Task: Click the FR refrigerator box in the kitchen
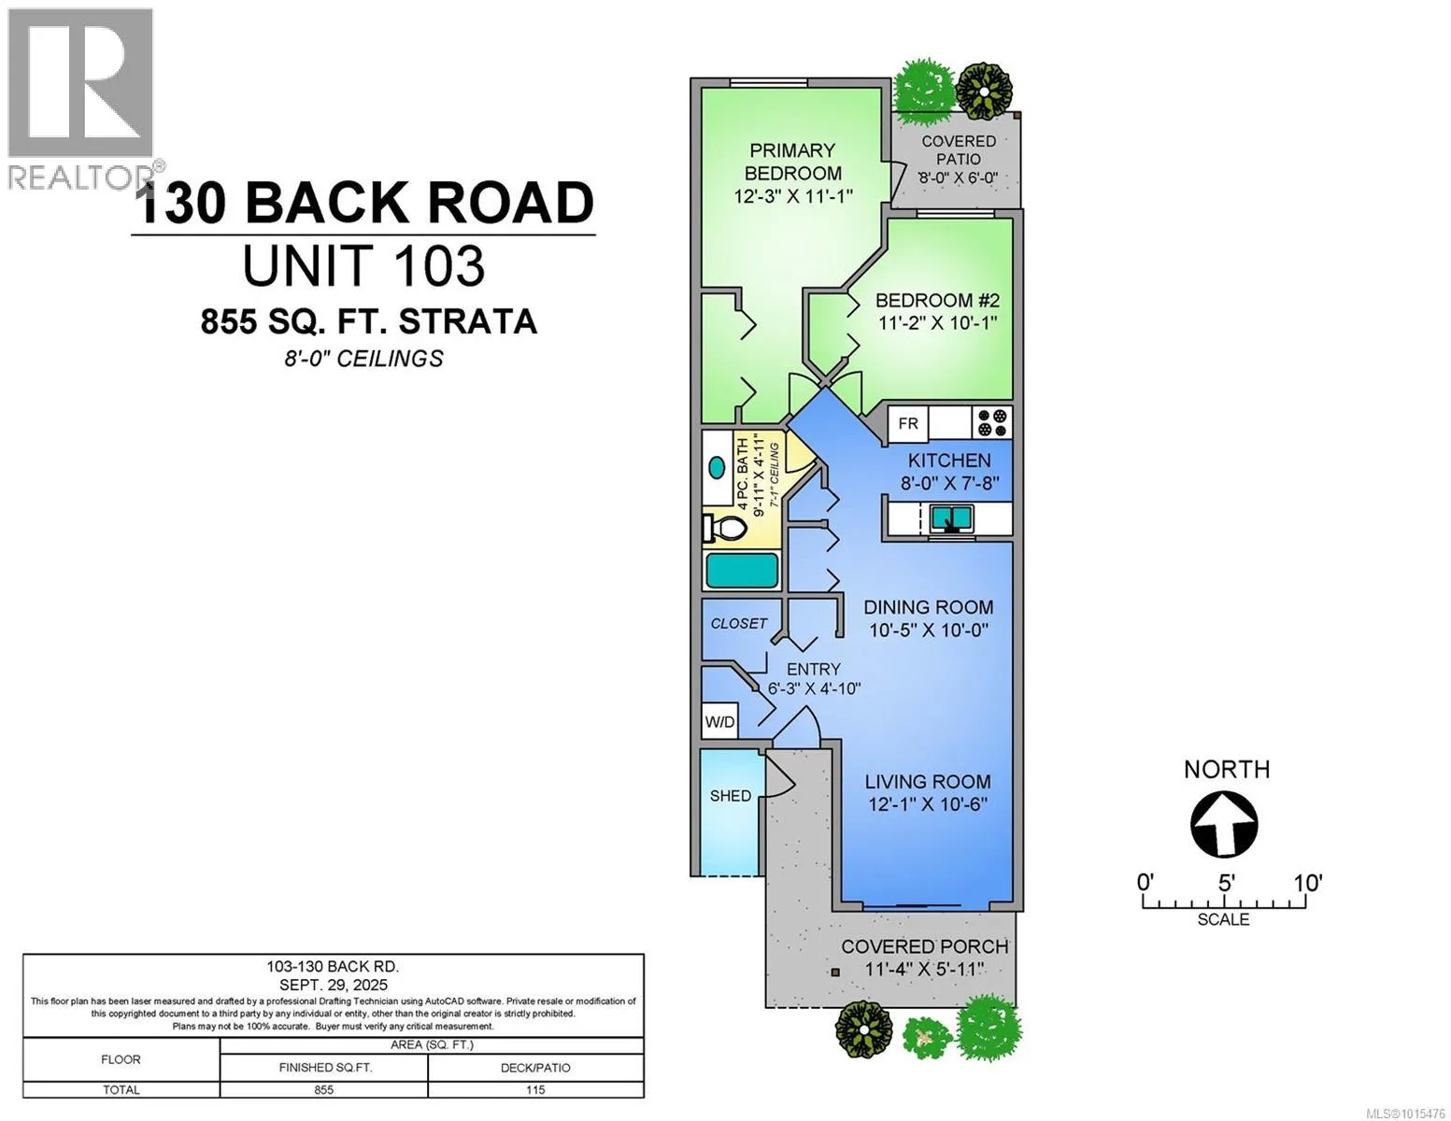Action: pyautogui.click(x=907, y=423)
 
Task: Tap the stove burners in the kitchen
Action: pyautogui.click(x=991, y=422)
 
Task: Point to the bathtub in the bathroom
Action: pyautogui.click(x=741, y=570)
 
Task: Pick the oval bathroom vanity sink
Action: pyautogui.click(x=717, y=467)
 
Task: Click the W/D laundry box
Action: pyautogui.click(x=719, y=721)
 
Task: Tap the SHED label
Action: pyautogui.click(x=731, y=795)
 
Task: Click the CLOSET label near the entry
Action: pyautogui.click(x=738, y=623)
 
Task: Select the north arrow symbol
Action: pyautogui.click(x=1224, y=824)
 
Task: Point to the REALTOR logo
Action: pyautogui.click(x=81, y=98)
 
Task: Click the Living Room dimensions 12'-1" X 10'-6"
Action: pyautogui.click(x=928, y=804)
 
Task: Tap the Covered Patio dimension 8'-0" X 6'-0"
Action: pyautogui.click(x=959, y=177)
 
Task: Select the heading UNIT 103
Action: pyautogui.click(x=363, y=265)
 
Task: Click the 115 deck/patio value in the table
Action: pyautogui.click(x=534, y=1089)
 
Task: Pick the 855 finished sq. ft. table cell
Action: pyautogui.click(x=324, y=1089)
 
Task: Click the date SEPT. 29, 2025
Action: pyautogui.click(x=334, y=985)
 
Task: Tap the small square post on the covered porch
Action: pyautogui.click(x=834, y=972)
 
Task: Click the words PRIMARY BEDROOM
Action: pyautogui.click(x=792, y=162)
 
